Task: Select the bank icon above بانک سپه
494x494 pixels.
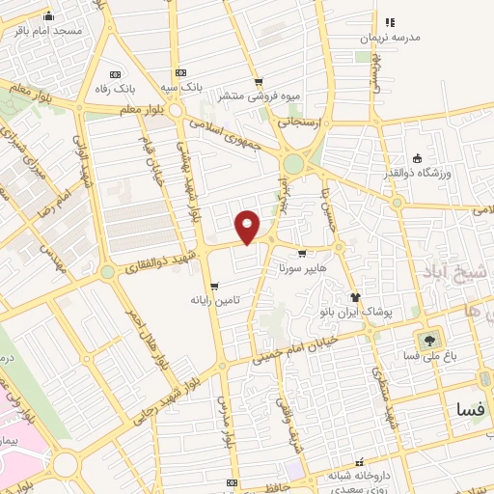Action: coord(180,73)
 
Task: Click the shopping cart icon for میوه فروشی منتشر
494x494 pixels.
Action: coord(258,82)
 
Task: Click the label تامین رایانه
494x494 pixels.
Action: coord(214,301)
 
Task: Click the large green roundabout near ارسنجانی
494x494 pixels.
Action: coord(293,165)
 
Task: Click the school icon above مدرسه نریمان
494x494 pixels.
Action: coord(390,21)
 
